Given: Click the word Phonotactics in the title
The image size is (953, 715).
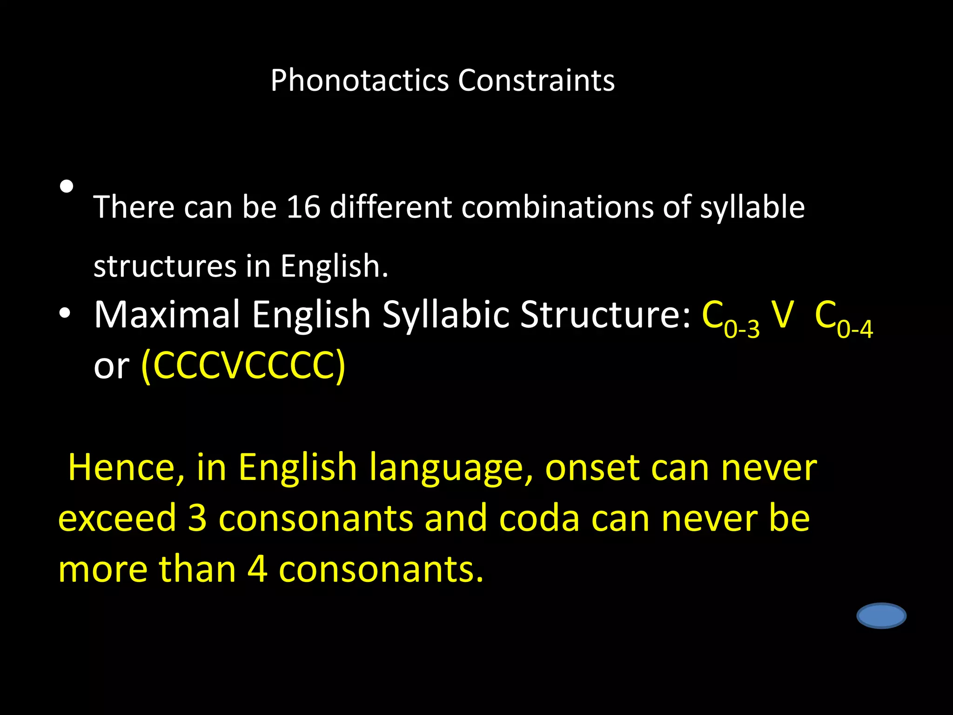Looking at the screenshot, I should [359, 81].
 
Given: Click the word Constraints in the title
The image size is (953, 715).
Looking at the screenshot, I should [536, 81].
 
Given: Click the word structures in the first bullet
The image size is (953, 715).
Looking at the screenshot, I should [165, 266].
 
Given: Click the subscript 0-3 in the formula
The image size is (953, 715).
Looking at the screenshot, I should [742, 330].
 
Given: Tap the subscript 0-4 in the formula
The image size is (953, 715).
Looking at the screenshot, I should [855, 330].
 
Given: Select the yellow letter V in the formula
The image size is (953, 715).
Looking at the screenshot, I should [782, 315].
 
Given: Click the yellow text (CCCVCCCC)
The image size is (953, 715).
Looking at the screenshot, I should [243, 366].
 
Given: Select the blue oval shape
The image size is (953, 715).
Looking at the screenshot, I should [881, 616].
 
